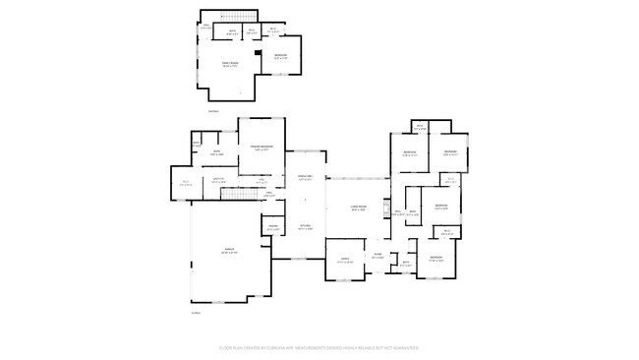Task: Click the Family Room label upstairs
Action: click(x=229, y=66)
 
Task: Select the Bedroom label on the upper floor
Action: click(x=280, y=56)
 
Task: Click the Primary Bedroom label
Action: click(x=261, y=148)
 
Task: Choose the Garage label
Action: click(x=228, y=252)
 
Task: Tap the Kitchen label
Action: click(x=305, y=226)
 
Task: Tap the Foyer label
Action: click(x=377, y=254)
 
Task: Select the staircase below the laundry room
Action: click(x=236, y=192)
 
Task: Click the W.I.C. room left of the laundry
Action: click(x=186, y=183)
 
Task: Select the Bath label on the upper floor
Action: click(x=232, y=31)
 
